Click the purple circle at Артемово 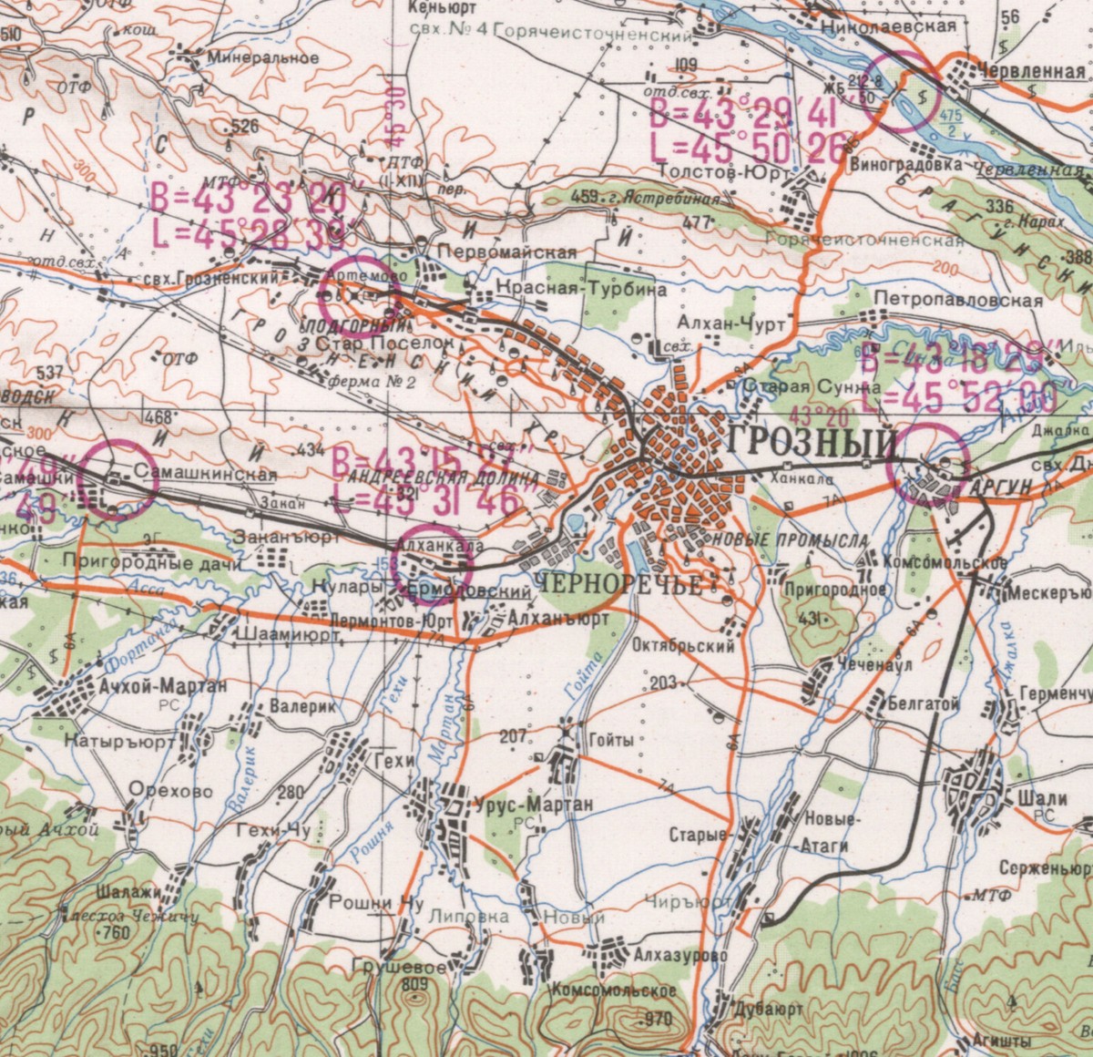(x=361, y=293)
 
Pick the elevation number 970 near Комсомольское (x=656, y=1018)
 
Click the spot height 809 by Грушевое (x=413, y=984)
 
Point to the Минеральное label (x=263, y=56)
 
